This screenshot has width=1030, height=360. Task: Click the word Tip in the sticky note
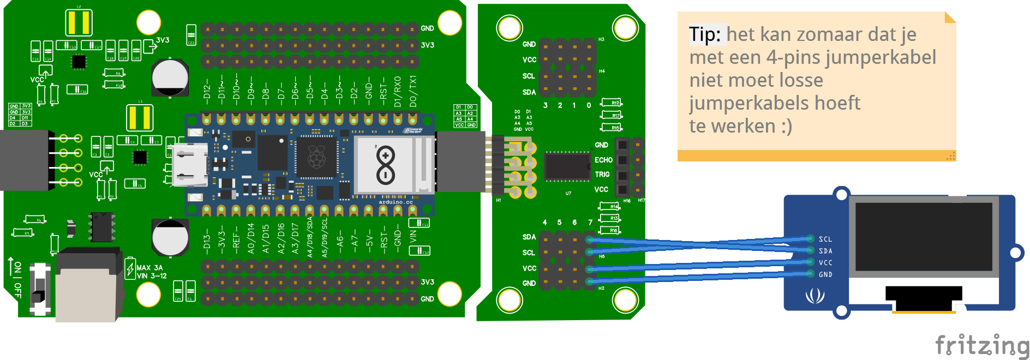(x=704, y=34)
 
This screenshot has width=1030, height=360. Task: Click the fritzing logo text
(x=982, y=345)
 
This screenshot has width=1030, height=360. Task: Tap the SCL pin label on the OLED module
(x=825, y=239)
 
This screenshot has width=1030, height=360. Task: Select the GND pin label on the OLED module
(x=825, y=275)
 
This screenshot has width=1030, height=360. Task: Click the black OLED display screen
(x=924, y=237)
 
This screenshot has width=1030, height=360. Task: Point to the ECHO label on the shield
(x=603, y=160)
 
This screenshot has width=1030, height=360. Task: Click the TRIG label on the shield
(x=602, y=175)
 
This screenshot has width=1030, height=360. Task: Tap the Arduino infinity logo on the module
(x=386, y=165)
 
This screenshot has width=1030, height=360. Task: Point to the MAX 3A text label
(x=149, y=268)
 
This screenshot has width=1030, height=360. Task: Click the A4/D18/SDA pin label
(x=310, y=237)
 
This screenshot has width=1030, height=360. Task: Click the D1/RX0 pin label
(x=398, y=92)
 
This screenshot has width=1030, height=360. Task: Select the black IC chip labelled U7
(x=567, y=166)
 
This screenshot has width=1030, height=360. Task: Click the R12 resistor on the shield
(x=611, y=103)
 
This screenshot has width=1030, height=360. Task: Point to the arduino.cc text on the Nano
(x=396, y=202)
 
